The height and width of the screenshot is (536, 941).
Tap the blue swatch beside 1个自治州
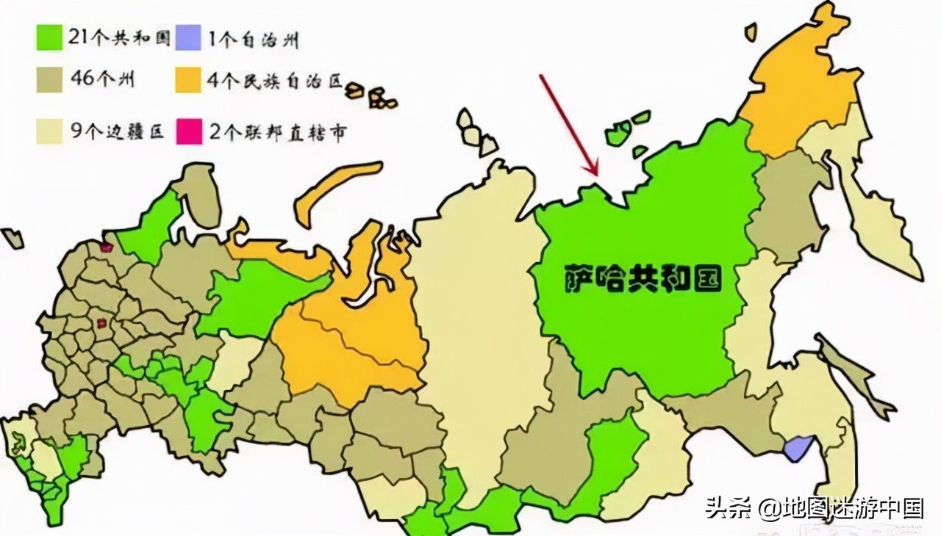point(187,37)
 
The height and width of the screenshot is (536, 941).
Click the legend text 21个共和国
point(118,37)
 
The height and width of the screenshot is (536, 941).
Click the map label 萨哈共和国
point(643,278)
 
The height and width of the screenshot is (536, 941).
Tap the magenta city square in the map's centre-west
point(101,322)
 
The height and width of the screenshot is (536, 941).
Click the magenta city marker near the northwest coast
point(106,247)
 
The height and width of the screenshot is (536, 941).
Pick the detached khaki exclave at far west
point(12,237)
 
